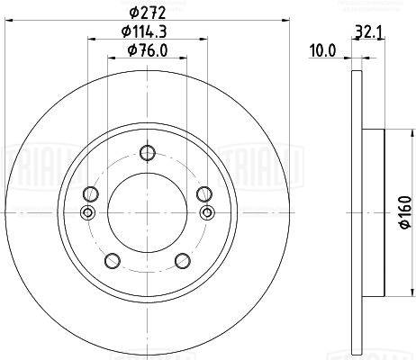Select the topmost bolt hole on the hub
[x=147, y=153]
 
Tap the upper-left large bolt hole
[x=89, y=195]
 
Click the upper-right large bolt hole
[x=204, y=193]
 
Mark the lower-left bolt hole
[x=112, y=261]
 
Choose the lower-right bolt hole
[x=182, y=261]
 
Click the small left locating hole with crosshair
[x=87, y=213]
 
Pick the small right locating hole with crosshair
[x=207, y=212]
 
